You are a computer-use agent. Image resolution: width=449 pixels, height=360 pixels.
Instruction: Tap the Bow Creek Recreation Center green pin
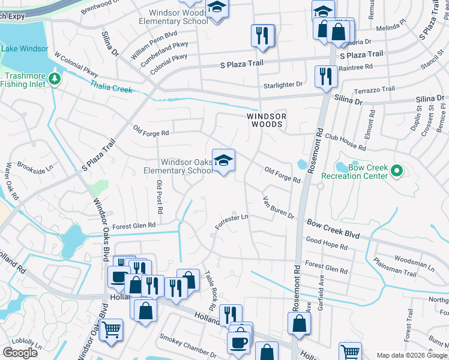[x=396, y=172]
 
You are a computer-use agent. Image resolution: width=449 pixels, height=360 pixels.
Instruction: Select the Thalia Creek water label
[x=111, y=86]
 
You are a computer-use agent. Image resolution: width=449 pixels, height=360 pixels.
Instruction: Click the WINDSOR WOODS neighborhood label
[x=265, y=119]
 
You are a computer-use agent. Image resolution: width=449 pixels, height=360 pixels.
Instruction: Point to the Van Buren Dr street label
[x=279, y=208]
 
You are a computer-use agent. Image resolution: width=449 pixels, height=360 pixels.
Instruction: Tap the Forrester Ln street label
[x=232, y=221]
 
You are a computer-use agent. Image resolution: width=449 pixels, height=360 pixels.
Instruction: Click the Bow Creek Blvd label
[x=333, y=229]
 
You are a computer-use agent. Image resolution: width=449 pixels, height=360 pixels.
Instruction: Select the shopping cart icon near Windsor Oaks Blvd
[x=111, y=331]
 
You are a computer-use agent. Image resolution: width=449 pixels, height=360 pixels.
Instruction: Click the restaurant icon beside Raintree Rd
[x=326, y=76]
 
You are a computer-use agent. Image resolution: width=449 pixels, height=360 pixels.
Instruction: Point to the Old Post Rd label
[x=160, y=197]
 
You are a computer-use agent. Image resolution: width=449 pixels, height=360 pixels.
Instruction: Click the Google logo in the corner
[x=20, y=353]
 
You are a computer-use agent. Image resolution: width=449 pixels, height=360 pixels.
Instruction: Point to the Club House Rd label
[x=345, y=142]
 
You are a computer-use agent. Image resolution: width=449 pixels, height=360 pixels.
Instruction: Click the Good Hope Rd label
[x=327, y=244]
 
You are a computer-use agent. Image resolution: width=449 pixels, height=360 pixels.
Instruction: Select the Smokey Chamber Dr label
[x=187, y=347]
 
